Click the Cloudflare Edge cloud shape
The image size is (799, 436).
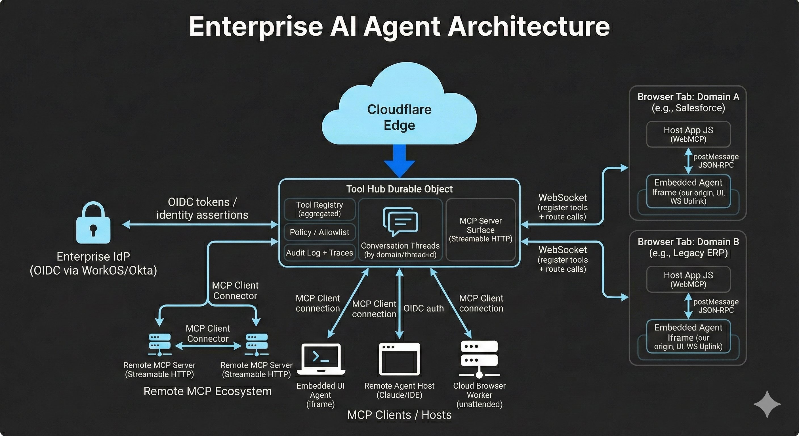399,109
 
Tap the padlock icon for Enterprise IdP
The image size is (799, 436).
93,223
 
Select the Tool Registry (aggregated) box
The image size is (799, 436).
319,209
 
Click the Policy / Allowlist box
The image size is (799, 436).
319,232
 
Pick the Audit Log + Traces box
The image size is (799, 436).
319,253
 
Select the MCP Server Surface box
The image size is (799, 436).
480,230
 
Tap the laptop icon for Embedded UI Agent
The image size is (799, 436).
321,359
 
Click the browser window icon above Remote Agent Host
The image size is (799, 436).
399,359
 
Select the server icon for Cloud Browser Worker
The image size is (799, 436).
479,359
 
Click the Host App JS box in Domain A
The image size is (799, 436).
688,134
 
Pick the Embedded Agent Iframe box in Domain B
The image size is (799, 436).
688,337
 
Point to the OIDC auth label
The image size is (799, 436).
423,309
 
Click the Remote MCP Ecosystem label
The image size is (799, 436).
207,391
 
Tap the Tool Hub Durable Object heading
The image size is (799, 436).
399,189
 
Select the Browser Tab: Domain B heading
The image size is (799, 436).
688,242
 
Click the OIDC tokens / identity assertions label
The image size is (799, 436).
202,208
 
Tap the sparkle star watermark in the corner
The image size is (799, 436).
767,404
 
